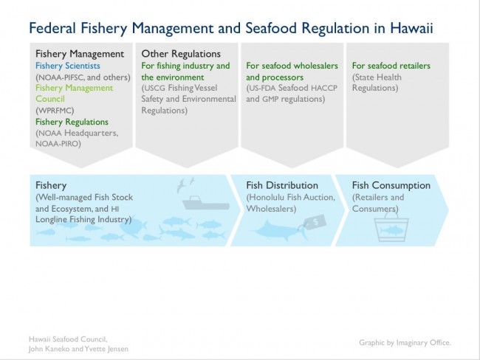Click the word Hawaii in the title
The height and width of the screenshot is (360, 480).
click(411, 28)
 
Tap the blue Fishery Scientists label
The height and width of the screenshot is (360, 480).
click(68, 66)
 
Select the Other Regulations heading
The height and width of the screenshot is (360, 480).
click(181, 54)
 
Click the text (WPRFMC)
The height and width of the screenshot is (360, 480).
click(55, 111)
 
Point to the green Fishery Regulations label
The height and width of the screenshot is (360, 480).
click(72, 122)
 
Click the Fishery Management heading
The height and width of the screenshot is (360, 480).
click(80, 54)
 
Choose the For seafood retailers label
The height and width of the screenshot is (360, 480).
click(391, 66)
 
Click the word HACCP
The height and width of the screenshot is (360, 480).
click(324, 88)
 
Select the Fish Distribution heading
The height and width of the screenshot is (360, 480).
click(282, 185)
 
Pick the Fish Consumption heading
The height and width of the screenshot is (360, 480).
click(391, 185)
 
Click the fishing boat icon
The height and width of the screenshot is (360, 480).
click(206, 203)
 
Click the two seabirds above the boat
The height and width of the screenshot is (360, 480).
click(185, 184)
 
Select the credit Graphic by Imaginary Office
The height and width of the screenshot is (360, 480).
click(405, 342)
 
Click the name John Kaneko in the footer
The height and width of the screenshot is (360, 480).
click(49, 349)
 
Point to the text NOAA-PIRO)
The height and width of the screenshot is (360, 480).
click(58, 144)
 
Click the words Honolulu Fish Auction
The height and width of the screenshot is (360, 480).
click(291, 197)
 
